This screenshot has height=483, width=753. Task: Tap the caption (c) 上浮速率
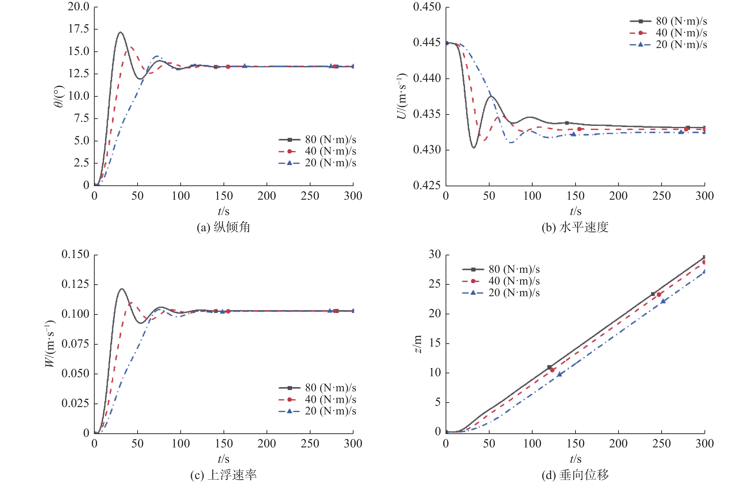(223, 475)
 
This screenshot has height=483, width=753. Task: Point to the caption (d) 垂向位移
(575, 475)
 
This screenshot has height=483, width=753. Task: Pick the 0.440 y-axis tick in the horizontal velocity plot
(427, 78)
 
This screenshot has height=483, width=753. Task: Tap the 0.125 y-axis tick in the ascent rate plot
(75, 284)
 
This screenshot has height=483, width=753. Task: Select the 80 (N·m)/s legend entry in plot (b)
(669, 21)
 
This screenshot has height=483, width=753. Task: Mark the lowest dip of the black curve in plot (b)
(474, 147)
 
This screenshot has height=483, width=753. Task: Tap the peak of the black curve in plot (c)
(121, 289)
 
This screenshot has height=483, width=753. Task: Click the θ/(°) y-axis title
(59, 96)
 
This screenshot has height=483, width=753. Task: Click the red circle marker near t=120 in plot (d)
(552, 370)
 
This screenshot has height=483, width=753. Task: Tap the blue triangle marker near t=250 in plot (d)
(663, 301)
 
